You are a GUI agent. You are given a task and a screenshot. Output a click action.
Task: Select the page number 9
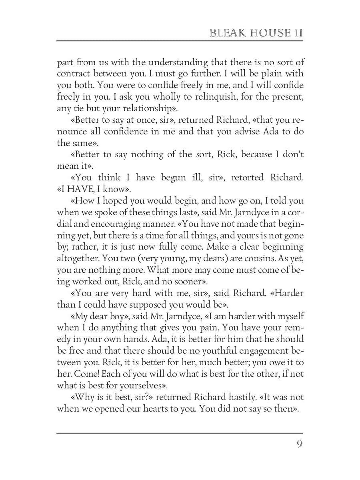point(299,444)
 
